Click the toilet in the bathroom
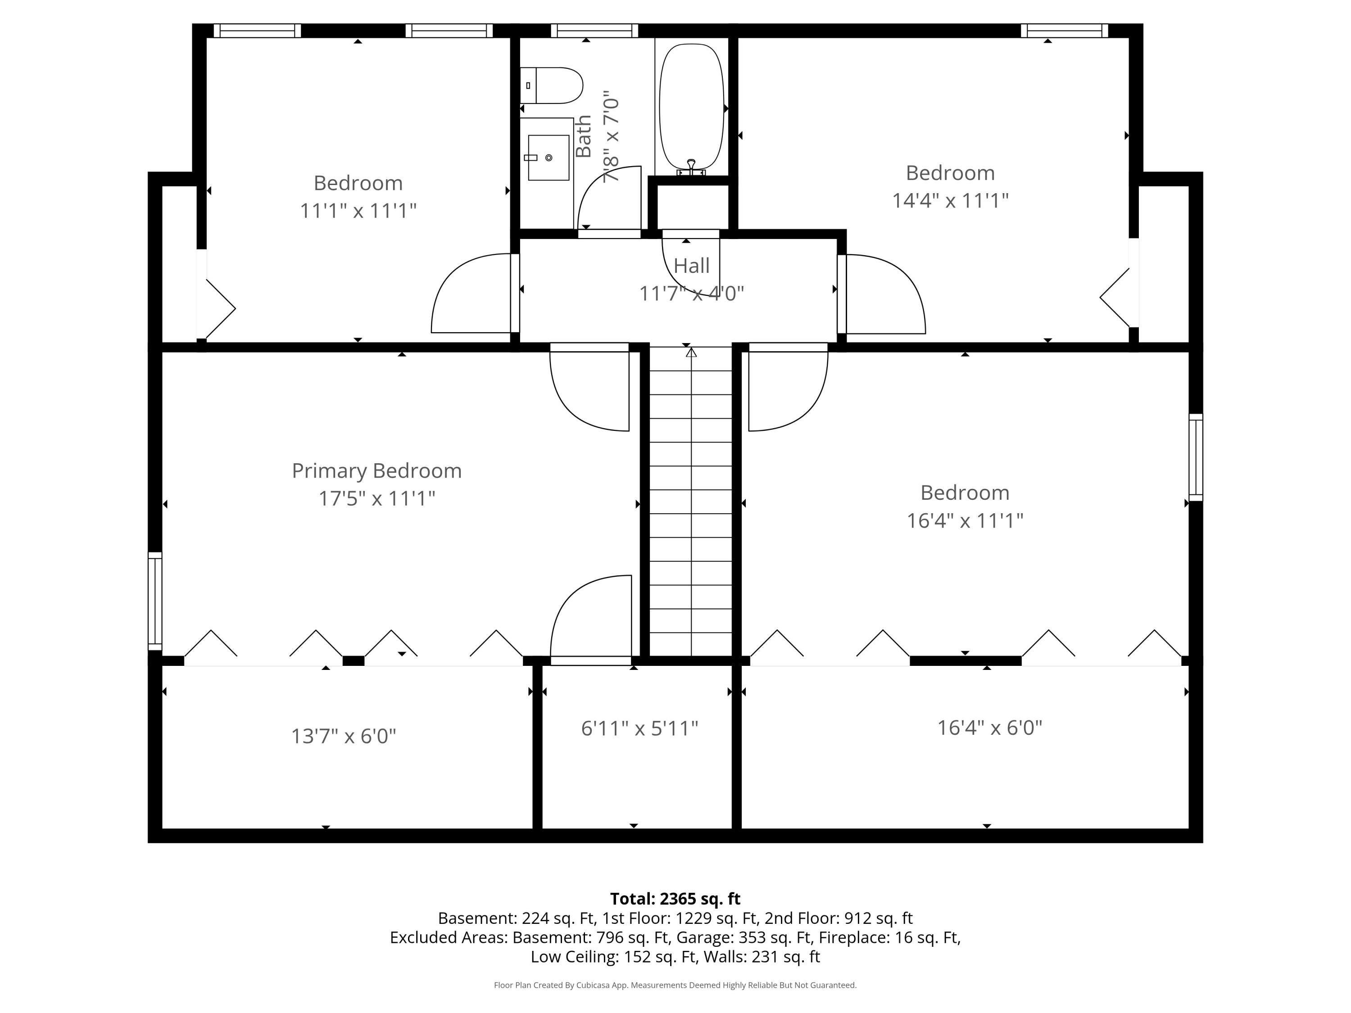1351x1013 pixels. (x=551, y=86)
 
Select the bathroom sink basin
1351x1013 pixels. (x=549, y=158)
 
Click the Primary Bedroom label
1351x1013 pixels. (x=377, y=471)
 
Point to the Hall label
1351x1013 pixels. (x=691, y=266)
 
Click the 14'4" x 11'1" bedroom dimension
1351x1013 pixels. (x=950, y=200)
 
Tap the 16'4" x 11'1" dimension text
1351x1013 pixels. (x=965, y=521)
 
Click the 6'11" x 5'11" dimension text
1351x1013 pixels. (x=639, y=728)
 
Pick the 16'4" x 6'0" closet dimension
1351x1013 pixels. (x=989, y=727)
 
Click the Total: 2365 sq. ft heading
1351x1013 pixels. (x=675, y=899)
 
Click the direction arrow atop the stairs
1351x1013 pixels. (x=691, y=353)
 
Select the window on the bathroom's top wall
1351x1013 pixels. (x=594, y=31)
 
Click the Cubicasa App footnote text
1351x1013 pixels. (x=675, y=985)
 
